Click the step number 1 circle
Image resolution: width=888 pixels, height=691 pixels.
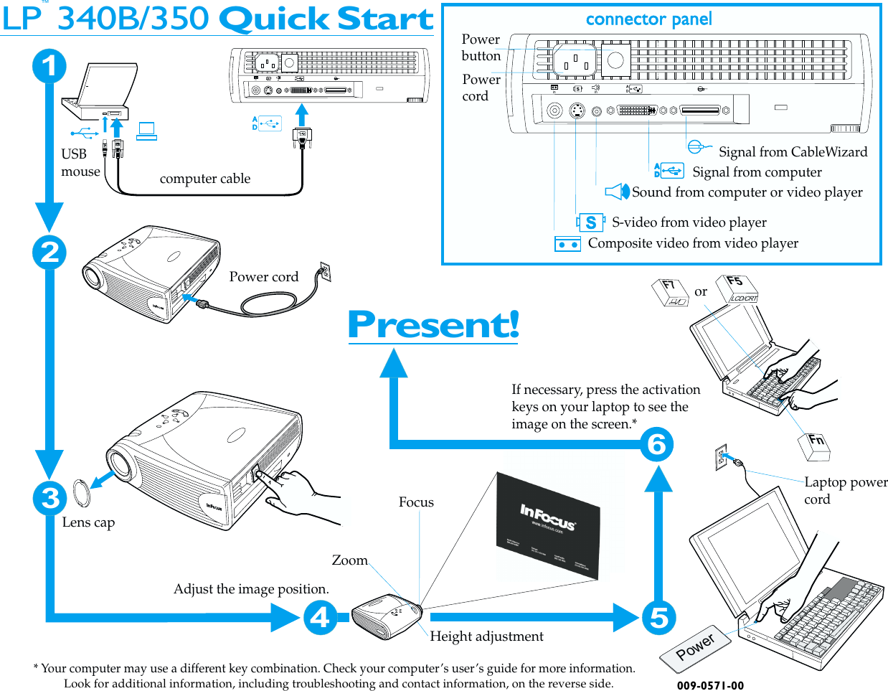(x=49, y=66)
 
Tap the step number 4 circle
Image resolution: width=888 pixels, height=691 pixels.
(x=320, y=617)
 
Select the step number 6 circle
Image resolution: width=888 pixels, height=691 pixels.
(x=656, y=444)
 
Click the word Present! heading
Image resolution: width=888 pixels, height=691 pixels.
(x=433, y=324)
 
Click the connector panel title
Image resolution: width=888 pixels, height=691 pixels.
(x=648, y=19)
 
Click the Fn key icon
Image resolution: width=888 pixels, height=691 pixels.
(x=815, y=446)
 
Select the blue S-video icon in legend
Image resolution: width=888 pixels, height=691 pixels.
(x=590, y=222)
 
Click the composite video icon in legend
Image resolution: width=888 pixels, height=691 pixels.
(x=567, y=245)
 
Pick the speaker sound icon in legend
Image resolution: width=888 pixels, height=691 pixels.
(x=616, y=192)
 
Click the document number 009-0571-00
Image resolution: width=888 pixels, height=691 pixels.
(x=710, y=686)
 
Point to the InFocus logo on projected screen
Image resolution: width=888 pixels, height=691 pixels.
(x=548, y=518)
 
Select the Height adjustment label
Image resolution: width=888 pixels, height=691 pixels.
(x=486, y=636)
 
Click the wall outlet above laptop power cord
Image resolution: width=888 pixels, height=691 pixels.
(x=721, y=457)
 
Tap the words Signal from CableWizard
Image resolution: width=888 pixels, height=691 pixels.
(x=793, y=152)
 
